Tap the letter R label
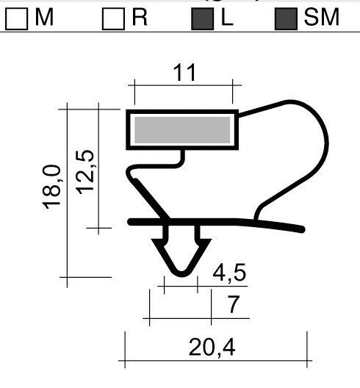tap(139, 18)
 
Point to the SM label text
tap(322, 18)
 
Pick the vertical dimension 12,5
tap(87, 171)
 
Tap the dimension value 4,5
tap(228, 273)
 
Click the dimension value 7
tap(232, 304)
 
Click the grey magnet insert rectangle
tap(182, 131)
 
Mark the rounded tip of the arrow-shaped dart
tap(179, 273)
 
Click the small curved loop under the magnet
tap(134, 176)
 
